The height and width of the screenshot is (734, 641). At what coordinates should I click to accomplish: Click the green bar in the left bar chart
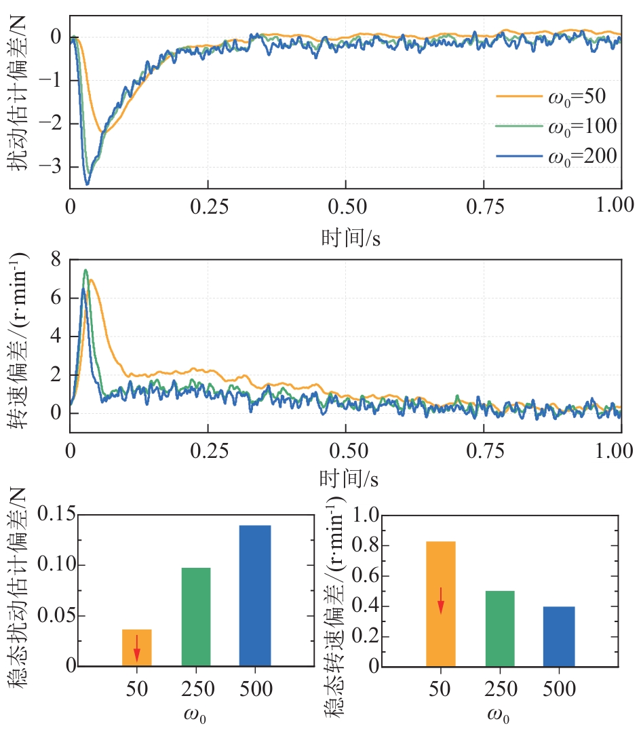point(196,617)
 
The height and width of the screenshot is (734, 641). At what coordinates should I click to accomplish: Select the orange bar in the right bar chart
point(441,604)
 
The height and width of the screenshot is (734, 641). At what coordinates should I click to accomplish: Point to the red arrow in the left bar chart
point(136,648)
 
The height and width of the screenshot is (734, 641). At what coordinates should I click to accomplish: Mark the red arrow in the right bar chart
point(441,600)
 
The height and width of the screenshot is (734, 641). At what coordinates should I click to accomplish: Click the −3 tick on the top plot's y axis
point(54,166)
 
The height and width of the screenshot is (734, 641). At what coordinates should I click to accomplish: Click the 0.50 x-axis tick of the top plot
point(346,206)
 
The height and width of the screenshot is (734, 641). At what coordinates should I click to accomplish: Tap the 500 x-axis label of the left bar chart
point(255,690)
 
